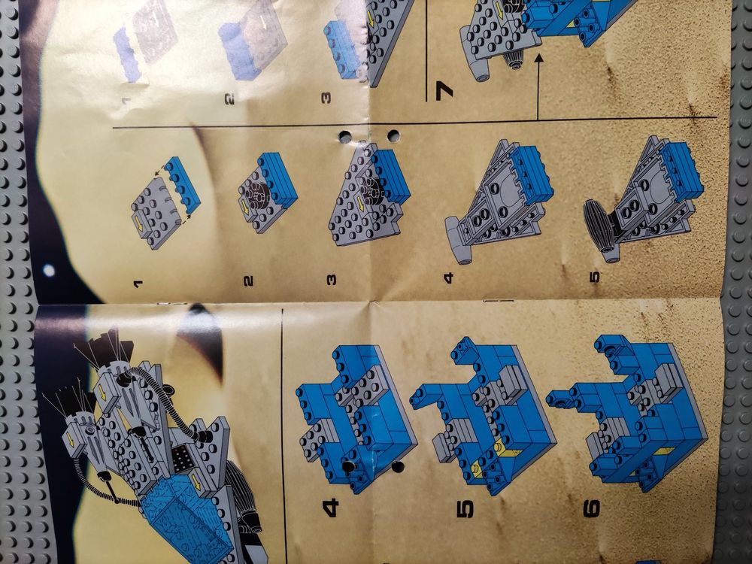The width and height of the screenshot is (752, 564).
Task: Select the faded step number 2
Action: click(231, 99)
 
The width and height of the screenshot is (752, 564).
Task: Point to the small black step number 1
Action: click(139, 284)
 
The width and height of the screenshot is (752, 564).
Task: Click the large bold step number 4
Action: click(331, 508)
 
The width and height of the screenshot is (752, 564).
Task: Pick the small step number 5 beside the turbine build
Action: click(595, 277)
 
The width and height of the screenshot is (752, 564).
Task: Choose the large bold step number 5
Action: click(464, 509)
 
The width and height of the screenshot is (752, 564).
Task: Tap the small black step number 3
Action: click(331, 280)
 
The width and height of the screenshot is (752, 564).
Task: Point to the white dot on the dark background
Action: click(48, 271)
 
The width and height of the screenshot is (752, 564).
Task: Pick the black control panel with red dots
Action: click(181, 459)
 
